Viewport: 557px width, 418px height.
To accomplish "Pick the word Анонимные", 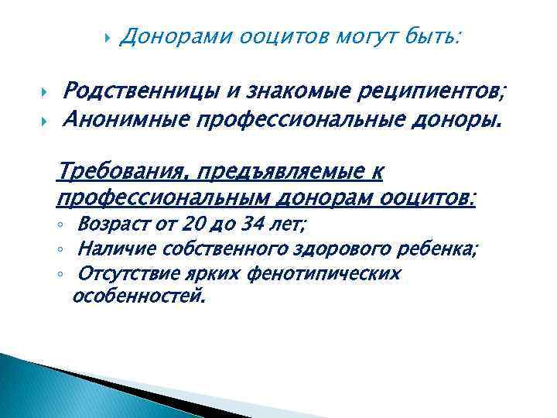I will (125, 119).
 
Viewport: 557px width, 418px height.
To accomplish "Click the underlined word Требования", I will (125, 170).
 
